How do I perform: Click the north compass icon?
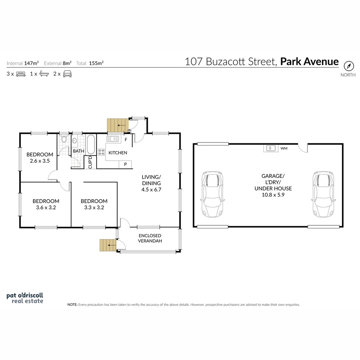click(348, 65)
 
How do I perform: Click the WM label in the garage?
click(284, 148)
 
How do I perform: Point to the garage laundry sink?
click(270, 148)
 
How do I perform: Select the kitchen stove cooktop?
click(101, 152)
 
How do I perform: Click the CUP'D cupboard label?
click(90, 162)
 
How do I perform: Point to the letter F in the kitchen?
click(126, 140)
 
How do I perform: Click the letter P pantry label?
click(125, 164)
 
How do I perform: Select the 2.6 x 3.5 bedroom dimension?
click(40, 160)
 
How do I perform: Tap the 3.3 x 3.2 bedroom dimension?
click(94, 207)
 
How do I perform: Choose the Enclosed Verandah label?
click(150, 238)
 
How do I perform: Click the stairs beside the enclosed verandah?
click(107, 245)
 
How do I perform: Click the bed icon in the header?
click(21, 74)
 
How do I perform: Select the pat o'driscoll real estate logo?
click(25, 298)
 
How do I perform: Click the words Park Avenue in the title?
click(309, 62)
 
